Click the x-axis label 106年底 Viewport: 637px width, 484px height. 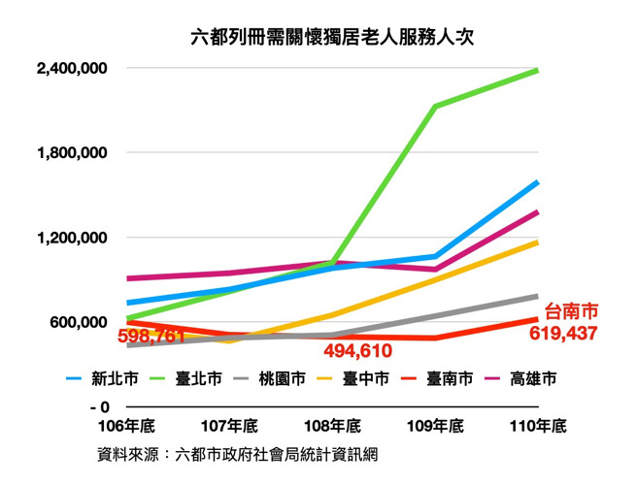click(x=128, y=426)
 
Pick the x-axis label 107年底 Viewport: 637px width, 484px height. click(x=230, y=426)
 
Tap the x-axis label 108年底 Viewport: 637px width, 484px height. click(x=333, y=426)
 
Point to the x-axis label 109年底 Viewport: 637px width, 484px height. click(x=435, y=426)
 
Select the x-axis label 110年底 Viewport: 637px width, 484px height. click(x=537, y=426)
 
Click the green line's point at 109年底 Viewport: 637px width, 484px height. click(x=435, y=106)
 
